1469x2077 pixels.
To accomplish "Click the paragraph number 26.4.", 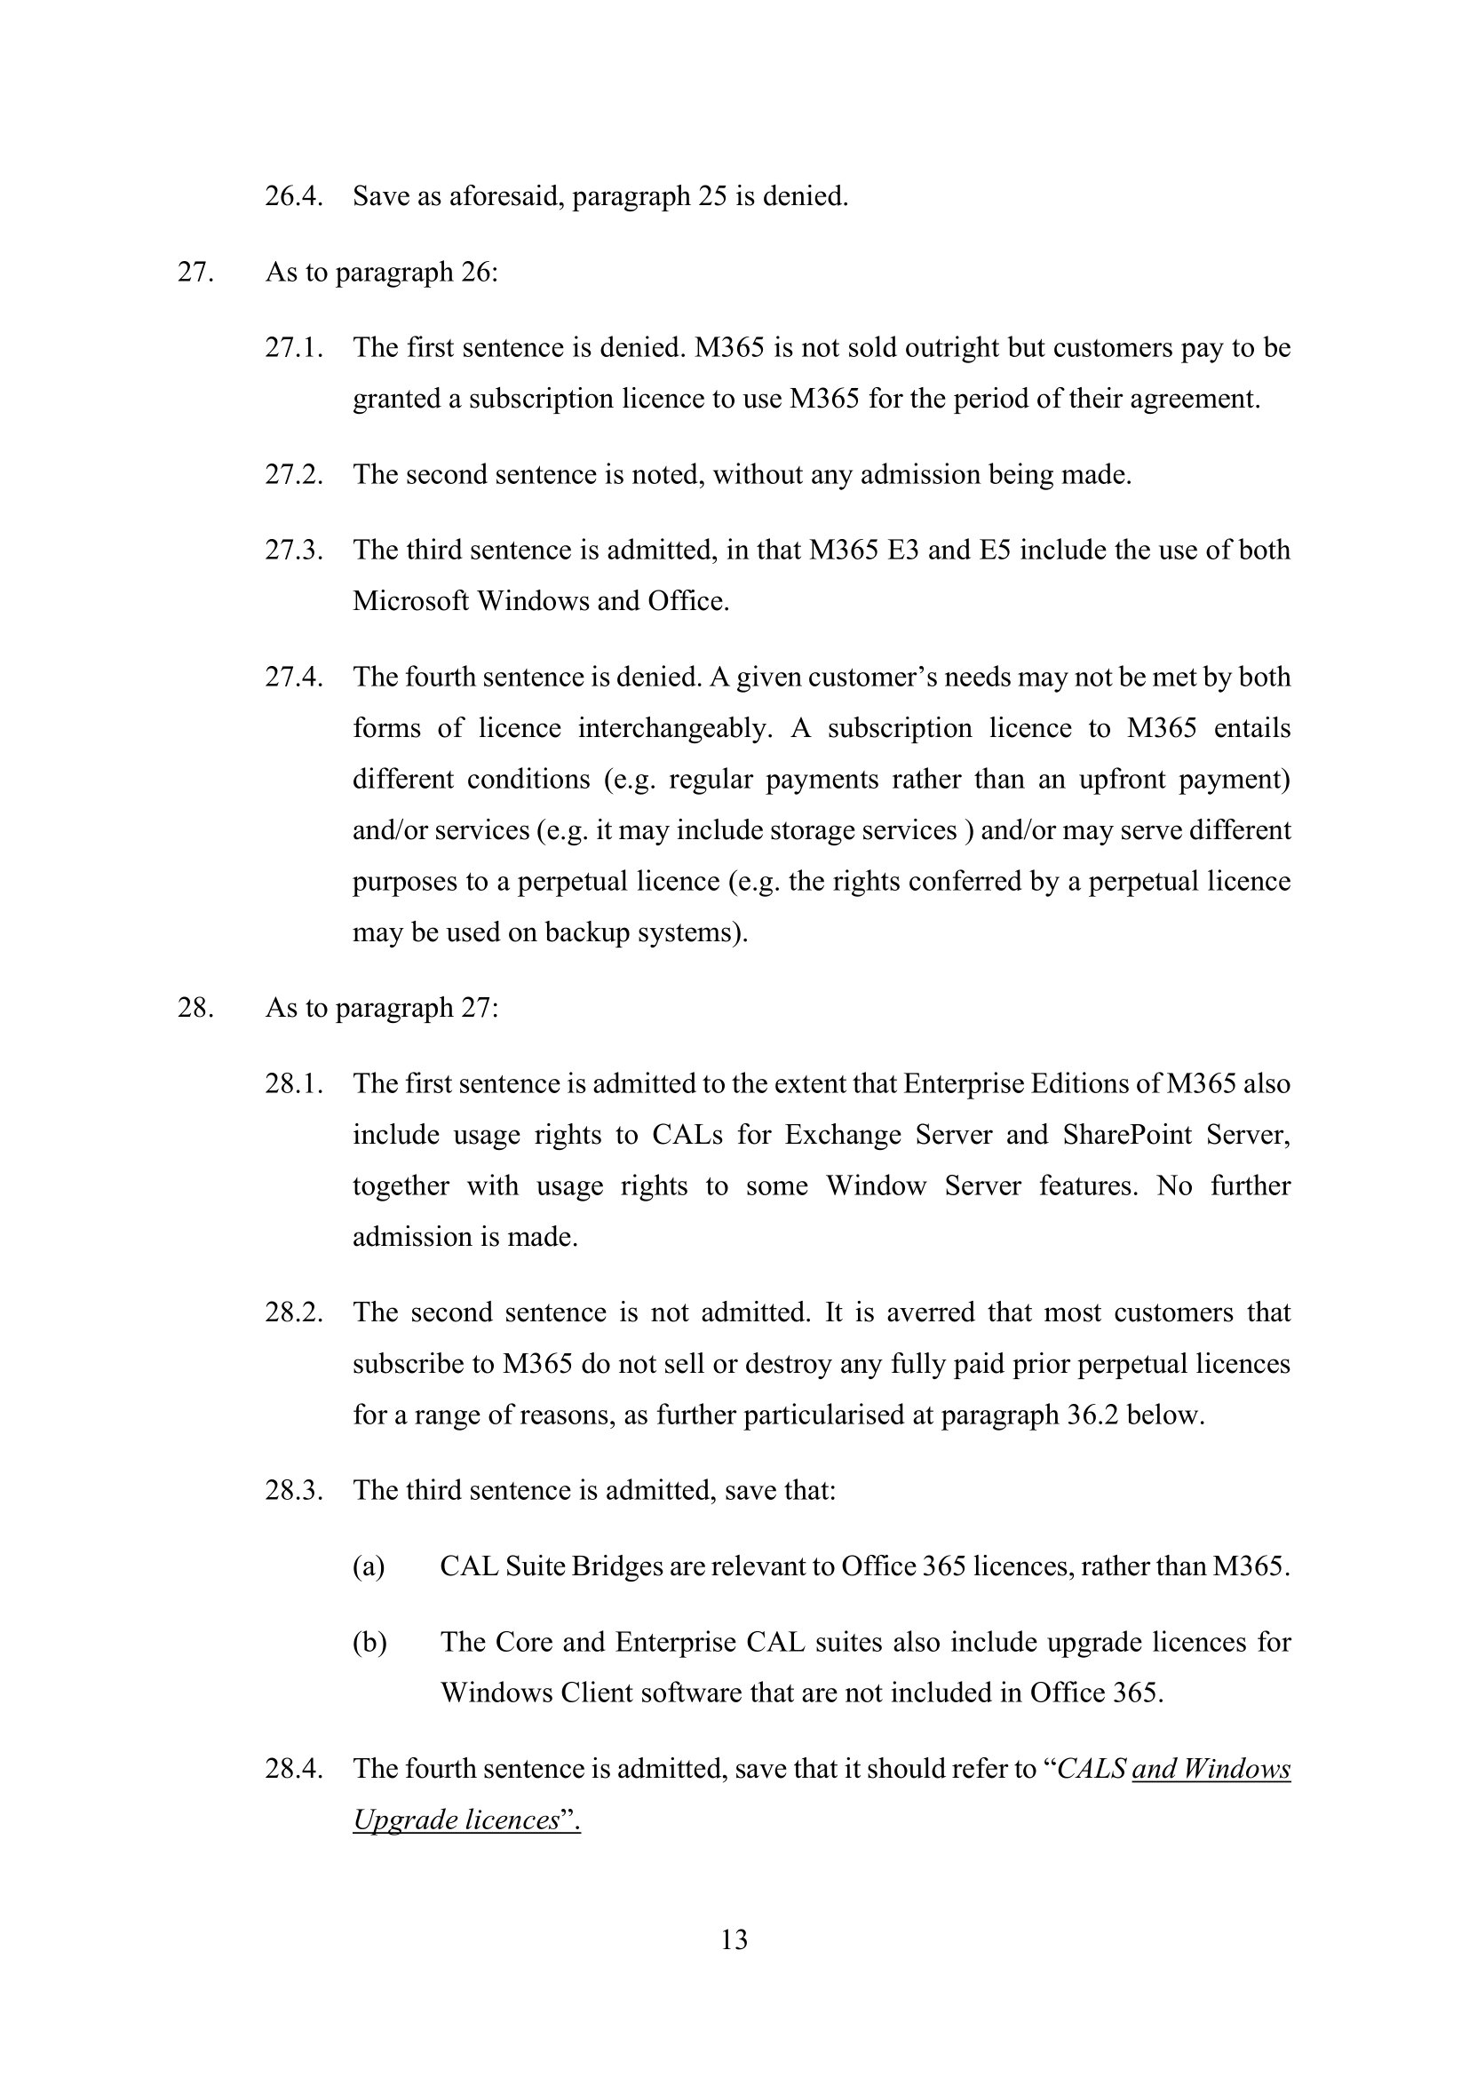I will (x=294, y=196).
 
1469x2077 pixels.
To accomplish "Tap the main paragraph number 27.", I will (x=195, y=273).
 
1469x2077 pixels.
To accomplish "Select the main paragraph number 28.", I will (x=195, y=1008).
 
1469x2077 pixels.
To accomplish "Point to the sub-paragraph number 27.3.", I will (x=294, y=550).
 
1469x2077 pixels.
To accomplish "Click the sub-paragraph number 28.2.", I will (x=294, y=1312).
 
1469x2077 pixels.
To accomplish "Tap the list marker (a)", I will (x=369, y=1566).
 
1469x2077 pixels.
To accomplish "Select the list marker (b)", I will (x=369, y=1642).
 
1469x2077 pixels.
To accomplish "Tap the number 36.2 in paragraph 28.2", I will (x=1092, y=1415).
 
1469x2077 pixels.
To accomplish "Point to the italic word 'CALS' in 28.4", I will (x=1091, y=1769).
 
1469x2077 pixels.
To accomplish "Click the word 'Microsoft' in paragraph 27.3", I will (x=410, y=601).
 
